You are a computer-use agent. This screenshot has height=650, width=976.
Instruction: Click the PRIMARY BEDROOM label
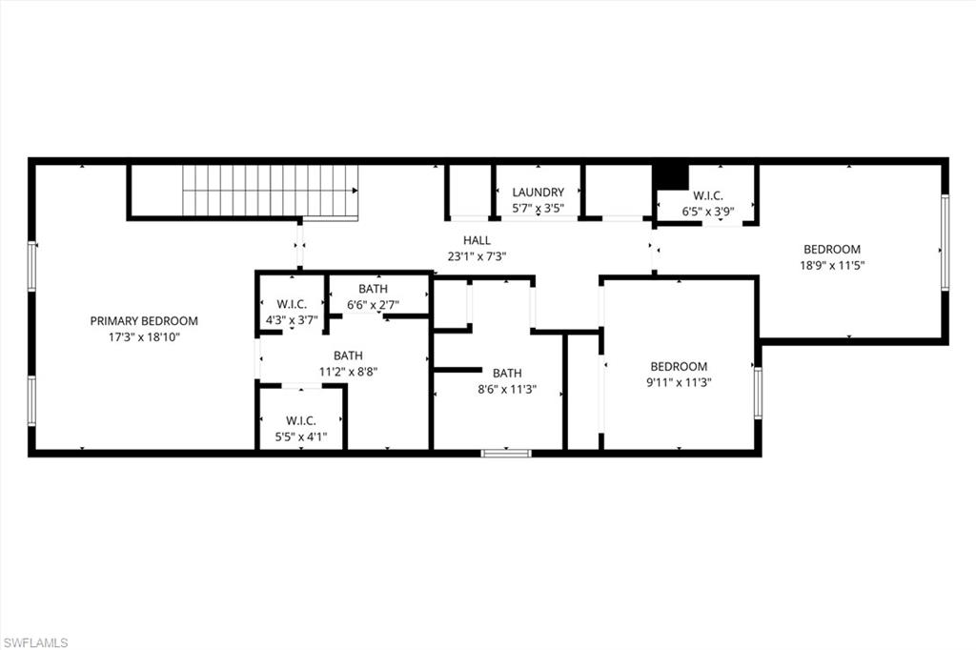tap(144, 321)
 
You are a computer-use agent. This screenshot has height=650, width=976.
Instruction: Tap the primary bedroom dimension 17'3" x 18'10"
tap(144, 336)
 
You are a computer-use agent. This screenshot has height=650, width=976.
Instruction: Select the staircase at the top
tap(270, 191)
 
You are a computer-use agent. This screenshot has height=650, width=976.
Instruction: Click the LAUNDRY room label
tap(538, 193)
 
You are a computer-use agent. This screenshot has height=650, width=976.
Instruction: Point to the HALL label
tap(477, 241)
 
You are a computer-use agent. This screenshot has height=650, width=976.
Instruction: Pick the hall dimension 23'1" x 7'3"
tap(477, 256)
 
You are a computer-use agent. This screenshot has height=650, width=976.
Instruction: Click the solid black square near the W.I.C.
tap(671, 177)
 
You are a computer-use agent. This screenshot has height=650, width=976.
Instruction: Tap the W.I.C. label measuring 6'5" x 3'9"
tap(707, 196)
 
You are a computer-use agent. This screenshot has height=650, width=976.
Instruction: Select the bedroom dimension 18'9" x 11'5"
tap(831, 266)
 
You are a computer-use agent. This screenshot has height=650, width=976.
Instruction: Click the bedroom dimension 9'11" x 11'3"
tap(679, 382)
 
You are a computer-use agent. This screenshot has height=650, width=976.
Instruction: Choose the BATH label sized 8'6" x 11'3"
tap(506, 373)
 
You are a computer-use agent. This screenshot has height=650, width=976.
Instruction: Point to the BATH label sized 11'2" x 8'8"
tap(348, 356)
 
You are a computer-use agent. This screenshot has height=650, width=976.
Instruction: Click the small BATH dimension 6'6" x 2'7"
tap(373, 305)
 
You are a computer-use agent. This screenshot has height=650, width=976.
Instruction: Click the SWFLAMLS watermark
tap(35, 642)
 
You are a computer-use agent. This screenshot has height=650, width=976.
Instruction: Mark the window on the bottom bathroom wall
tap(506, 453)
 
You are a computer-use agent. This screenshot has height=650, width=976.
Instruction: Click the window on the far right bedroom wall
tap(945, 242)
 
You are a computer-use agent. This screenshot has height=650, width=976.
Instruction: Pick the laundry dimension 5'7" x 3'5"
tap(538, 208)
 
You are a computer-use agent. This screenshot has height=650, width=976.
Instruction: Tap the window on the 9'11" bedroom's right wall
tap(758, 393)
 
